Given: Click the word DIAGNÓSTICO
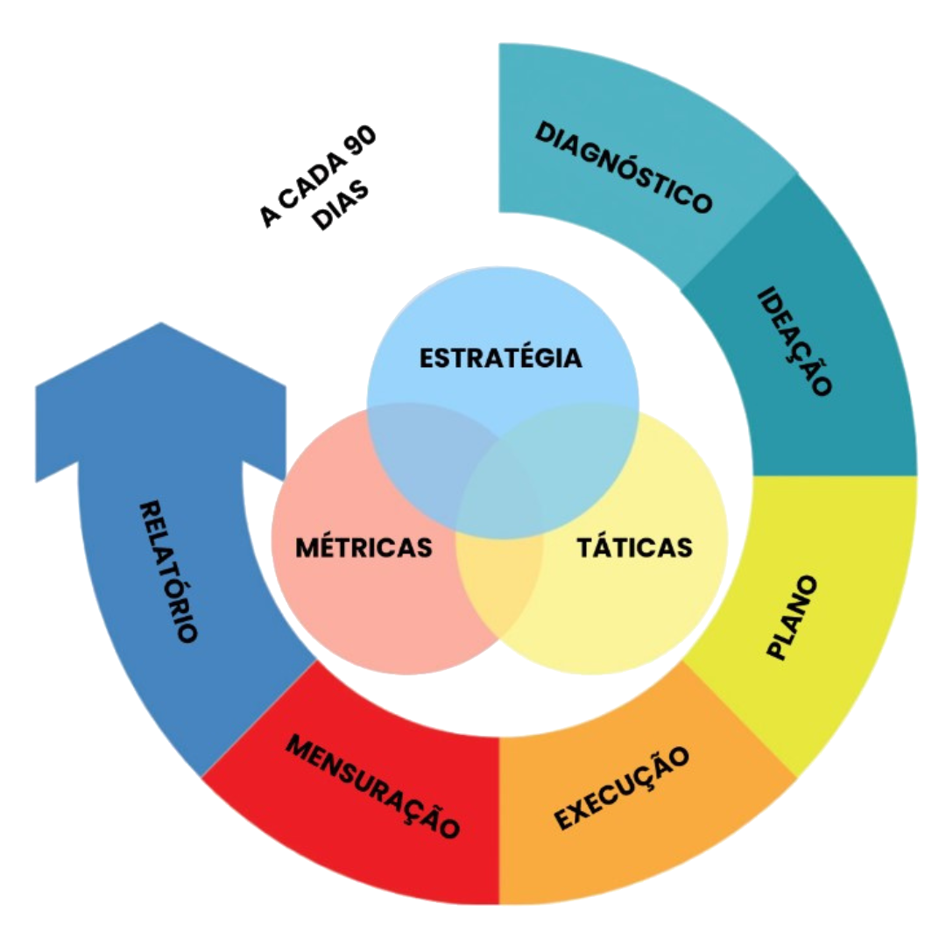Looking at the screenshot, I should pyautogui.click(x=623, y=167).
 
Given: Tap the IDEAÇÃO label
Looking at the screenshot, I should pyautogui.click(x=794, y=342).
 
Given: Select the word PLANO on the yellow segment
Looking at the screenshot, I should pyautogui.click(x=792, y=618).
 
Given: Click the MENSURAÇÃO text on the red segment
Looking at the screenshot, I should pyautogui.click(x=373, y=786).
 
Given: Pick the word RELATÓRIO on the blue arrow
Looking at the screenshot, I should pyautogui.click(x=168, y=571).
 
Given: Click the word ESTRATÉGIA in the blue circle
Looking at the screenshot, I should pyautogui.click(x=500, y=358).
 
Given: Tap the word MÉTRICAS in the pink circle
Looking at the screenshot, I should pyautogui.click(x=364, y=547).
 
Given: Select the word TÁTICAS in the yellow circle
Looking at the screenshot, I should pyautogui.click(x=635, y=547).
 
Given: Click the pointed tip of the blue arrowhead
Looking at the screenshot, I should pyautogui.click(x=159, y=324).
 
